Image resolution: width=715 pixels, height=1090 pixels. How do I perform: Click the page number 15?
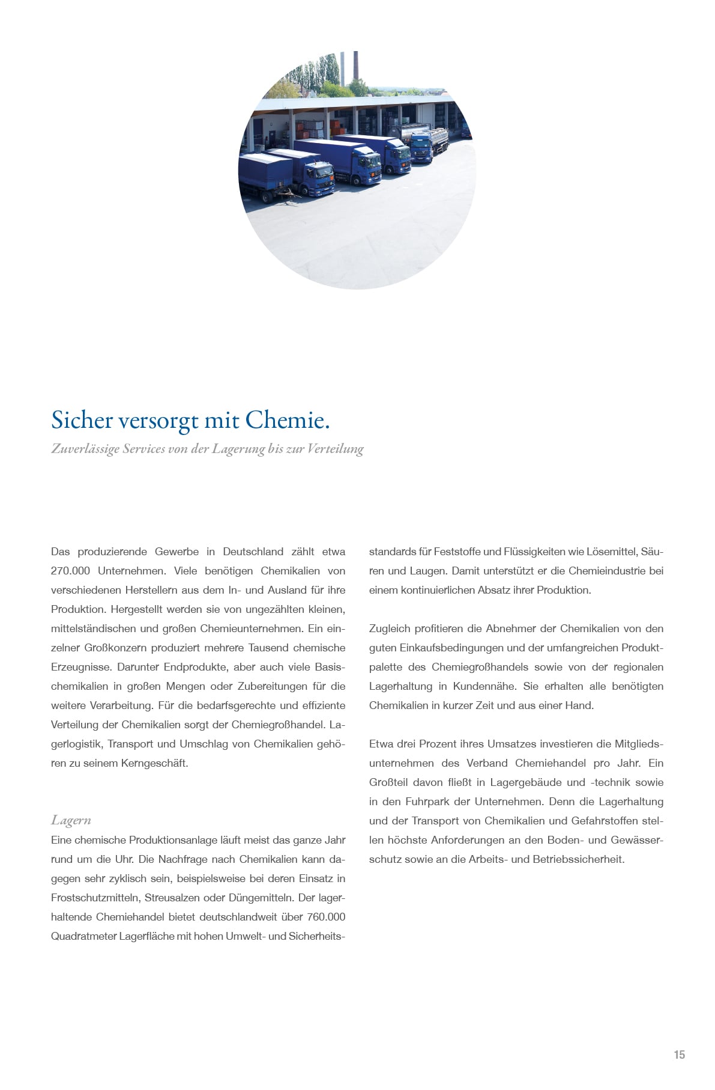coord(679,1055)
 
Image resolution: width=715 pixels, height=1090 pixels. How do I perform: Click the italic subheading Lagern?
coord(71,820)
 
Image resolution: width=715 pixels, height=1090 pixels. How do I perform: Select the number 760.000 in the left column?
coord(326,917)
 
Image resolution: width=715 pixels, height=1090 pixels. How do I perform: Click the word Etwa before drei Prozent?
coord(381,744)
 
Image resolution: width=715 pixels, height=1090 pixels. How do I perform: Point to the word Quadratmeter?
coord(83,936)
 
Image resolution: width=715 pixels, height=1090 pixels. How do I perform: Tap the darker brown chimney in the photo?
coord(356,66)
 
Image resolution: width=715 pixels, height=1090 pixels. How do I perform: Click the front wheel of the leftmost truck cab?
coord(313,192)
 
